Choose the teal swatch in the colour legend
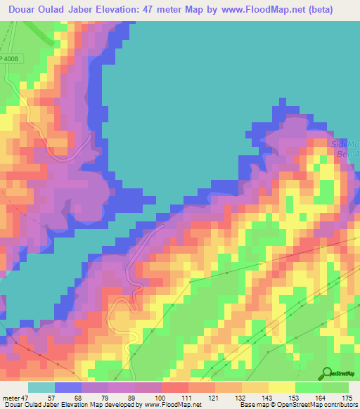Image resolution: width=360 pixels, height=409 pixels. coord(41,387)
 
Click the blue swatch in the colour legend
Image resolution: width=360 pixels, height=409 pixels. coord(67,387)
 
